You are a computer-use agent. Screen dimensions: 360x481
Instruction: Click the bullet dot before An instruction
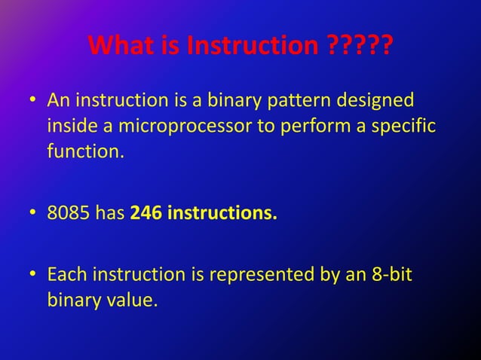[x=34, y=100]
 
